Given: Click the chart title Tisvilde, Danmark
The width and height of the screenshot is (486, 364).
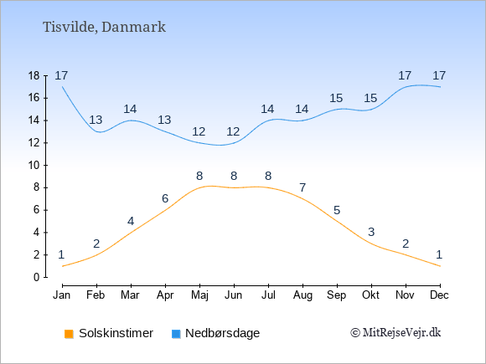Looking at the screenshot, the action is [x=104, y=27].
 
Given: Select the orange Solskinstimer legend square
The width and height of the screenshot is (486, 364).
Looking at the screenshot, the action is [x=69, y=334].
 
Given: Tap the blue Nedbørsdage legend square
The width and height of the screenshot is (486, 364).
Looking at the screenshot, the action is [x=176, y=334].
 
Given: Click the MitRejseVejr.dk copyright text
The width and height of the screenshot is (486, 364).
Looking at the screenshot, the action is [x=396, y=333].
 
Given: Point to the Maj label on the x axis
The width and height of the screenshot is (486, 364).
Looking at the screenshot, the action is [x=199, y=295].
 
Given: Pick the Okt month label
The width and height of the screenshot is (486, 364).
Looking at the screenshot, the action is [x=370, y=295].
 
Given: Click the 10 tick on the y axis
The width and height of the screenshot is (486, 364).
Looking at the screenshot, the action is [x=34, y=166].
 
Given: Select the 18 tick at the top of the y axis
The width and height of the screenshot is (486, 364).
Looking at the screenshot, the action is [x=34, y=75].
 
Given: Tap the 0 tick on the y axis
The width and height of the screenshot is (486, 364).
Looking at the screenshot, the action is [x=37, y=277].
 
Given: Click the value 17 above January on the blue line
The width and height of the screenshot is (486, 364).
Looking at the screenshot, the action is [x=61, y=75].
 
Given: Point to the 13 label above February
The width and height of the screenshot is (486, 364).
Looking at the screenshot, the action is [x=96, y=120].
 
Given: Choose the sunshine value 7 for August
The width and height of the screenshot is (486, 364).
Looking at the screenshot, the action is [x=302, y=187].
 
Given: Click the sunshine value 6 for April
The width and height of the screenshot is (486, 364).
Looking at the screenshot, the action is [x=165, y=198].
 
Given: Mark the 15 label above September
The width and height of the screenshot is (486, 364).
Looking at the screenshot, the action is [x=336, y=99].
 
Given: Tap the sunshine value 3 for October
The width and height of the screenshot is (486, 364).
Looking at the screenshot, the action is [x=371, y=232].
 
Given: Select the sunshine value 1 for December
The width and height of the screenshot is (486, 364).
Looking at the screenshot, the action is [x=439, y=254].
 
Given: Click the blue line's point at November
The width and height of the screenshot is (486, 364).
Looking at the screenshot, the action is [x=406, y=87].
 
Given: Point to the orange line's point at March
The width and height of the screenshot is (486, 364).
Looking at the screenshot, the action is [x=131, y=233].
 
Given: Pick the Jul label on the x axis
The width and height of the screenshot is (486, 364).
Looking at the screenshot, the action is [x=268, y=295].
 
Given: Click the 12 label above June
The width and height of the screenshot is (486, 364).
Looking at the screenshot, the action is [x=233, y=132].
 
